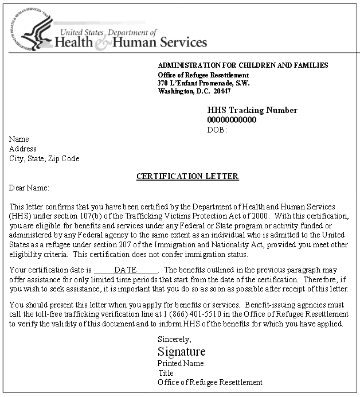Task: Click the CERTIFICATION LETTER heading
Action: pyautogui.click(x=187, y=177)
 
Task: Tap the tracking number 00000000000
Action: pyautogui.click(x=232, y=120)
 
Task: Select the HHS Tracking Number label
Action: pyautogui.click(x=252, y=110)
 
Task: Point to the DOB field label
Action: pyautogui.click(x=217, y=130)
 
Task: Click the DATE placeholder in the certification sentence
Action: pyautogui.click(x=125, y=270)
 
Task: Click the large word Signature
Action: pyautogui.click(x=181, y=352)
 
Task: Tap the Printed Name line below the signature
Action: pyautogui.click(x=181, y=363)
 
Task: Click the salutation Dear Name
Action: pyautogui.click(x=29, y=188)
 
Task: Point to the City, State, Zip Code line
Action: pyautogui.click(x=44, y=158)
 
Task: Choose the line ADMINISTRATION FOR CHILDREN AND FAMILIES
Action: pyautogui.click(x=243, y=65)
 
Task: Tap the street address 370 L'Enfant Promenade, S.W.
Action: pyautogui.click(x=204, y=83)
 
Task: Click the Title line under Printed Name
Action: pyautogui.click(x=166, y=373)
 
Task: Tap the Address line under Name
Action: pyautogui.click(x=23, y=149)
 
